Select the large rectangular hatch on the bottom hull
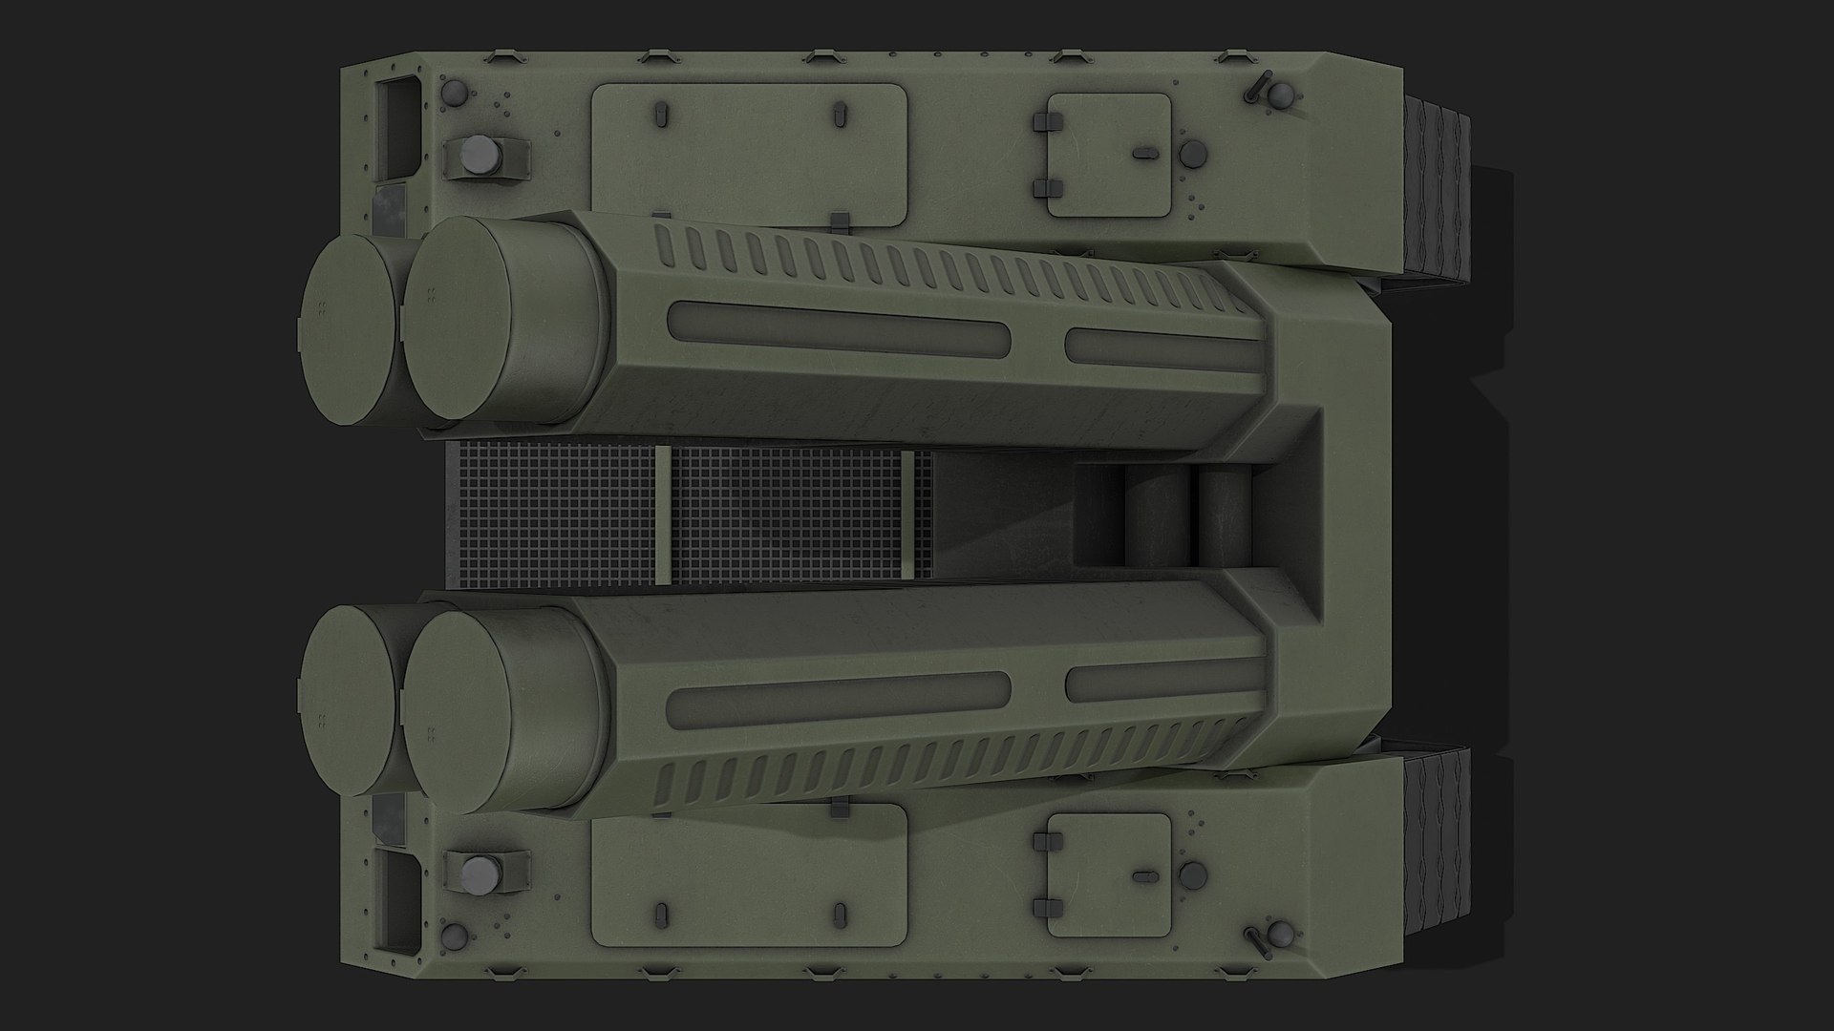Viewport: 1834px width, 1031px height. pyautogui.click(x=749, y=873)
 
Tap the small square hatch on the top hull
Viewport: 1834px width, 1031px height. pyautogui.click(x=1109, y=155)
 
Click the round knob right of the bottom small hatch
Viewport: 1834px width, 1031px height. pyautogui.click(x=1192, y=876)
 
